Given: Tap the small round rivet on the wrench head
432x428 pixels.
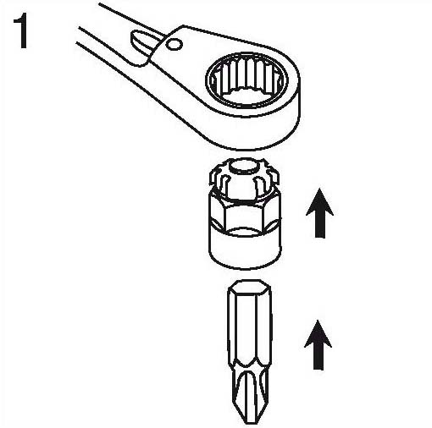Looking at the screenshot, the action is click(x=174, y=45).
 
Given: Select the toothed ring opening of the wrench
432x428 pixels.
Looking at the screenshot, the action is click(x=247, y=80).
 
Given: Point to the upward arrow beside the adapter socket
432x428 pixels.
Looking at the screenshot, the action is click(x=319, y=213).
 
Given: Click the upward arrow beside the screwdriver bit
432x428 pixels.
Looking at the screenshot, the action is click(x=318, y=345).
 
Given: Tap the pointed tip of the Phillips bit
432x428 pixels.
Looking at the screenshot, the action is click(x=243, y=421).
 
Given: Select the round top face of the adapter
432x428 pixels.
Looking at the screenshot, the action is click(x=243, y=167).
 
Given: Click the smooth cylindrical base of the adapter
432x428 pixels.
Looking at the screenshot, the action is click(x=245, y=247).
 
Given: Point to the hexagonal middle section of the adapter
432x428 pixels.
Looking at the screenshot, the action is click(x=245, y=211).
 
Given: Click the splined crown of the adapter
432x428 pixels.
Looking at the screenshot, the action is click(x=244, y=179).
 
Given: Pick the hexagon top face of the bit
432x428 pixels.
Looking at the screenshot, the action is click(x=250, y=287).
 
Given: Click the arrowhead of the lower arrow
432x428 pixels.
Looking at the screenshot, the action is click(x=318, y=333).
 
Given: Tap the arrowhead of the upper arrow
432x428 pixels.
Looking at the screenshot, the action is click(x=319, y=202).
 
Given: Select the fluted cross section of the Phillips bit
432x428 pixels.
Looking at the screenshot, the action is click(x=247, y=392).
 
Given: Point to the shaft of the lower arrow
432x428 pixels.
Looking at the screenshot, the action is click(x=318, y=358).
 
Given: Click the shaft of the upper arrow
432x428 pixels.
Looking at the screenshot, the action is click(x=320, y=227).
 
